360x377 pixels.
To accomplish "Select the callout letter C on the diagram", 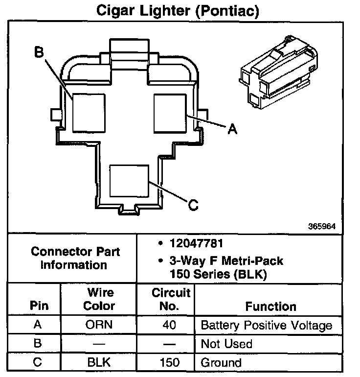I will click(193, 205).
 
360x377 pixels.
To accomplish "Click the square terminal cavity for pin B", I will click(89, 112).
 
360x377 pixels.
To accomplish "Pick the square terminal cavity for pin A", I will click(170, 112).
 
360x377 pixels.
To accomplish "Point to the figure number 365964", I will click(322, 227).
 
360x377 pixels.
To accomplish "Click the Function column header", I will click(270, 306).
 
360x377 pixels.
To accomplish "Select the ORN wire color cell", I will click(99, 325).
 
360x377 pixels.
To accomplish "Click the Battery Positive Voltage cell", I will click(267, 325).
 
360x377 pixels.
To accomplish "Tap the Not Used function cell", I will click(226, 344).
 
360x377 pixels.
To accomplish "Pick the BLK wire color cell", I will click(99, 363).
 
